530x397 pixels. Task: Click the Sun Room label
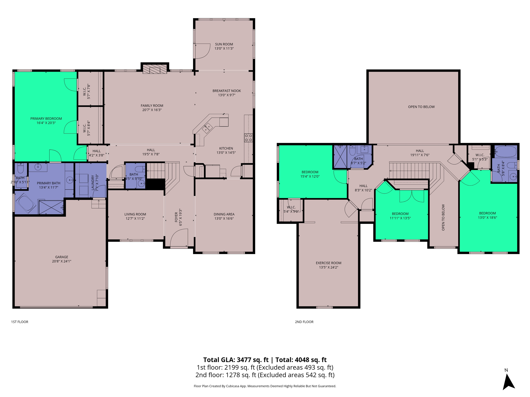point(224,44)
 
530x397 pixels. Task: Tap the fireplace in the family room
point(155,69)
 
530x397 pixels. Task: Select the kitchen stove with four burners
point(248,138)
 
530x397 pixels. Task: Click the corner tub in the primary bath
point(25,204)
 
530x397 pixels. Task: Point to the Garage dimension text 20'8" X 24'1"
point(62,261)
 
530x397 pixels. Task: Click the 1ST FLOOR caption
point(20,322)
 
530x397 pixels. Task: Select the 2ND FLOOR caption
point(304,322)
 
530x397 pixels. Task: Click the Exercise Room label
point(328,263)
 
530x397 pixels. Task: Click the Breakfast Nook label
point(227,91)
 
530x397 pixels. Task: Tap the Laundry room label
point(93,182)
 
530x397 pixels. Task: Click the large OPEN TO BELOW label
point(421,107)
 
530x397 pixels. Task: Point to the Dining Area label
point(224,214)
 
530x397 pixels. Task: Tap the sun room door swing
point(202,51)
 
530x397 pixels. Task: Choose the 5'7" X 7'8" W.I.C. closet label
point(86,91)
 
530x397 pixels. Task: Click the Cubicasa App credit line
point(265,386)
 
